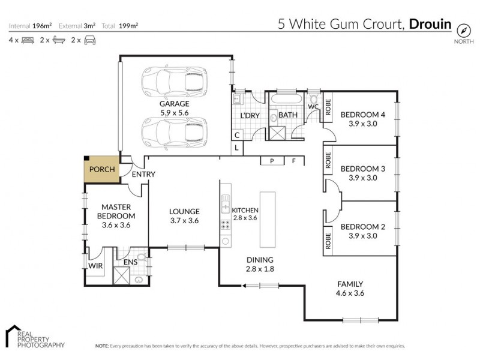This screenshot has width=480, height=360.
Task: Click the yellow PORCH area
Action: click(x=101, y=169)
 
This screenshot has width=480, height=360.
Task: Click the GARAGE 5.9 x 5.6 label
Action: click(x=174, y=108)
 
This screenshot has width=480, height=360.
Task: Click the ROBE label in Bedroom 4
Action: click(x=328, y=107)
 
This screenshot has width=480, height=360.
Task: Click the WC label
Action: click(x=313, y=107)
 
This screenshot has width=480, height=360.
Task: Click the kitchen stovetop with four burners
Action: click(x=226, y=225)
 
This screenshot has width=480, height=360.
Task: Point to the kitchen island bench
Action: click(x=268, y=220)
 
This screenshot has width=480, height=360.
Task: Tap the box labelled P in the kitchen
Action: click(x=272, y=161)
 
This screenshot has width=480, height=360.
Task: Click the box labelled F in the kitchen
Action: click(x=294, y=161)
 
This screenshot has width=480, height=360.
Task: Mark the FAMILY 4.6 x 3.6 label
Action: click(x=350, y=289)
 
